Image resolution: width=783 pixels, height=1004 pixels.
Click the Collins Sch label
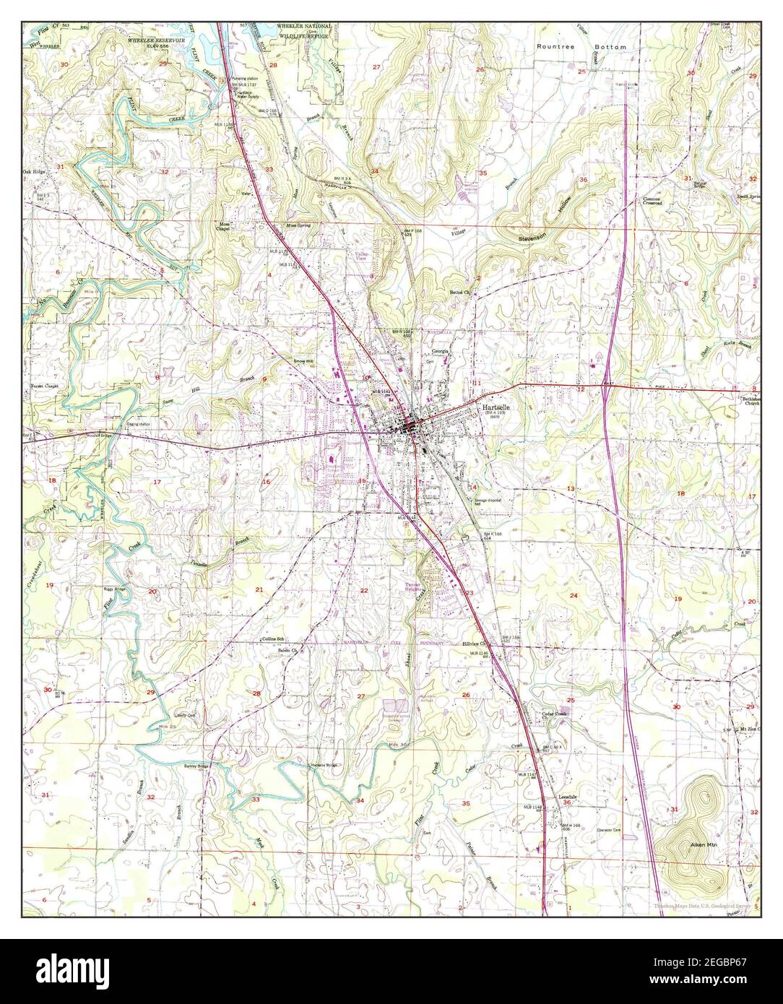coord(274,640)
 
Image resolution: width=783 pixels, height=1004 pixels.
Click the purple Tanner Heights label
coord(413,587)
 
